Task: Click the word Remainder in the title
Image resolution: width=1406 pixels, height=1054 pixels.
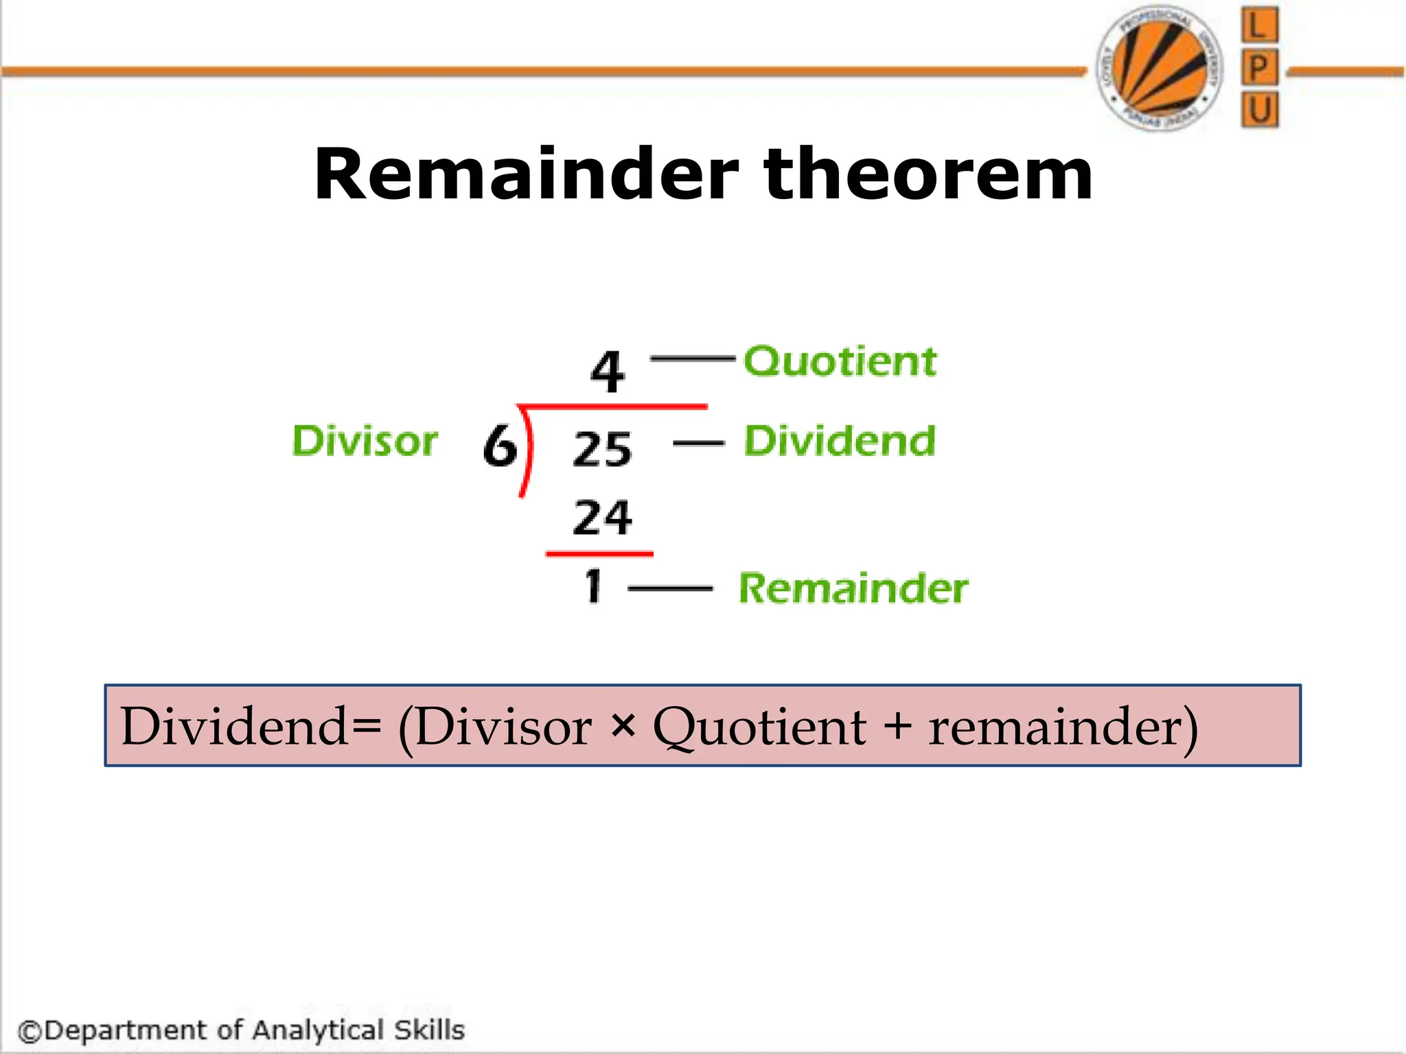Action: coord(526,175)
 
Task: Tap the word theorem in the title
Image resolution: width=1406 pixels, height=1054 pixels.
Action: coord(927,175)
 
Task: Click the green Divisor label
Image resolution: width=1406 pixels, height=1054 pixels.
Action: coord(365,441)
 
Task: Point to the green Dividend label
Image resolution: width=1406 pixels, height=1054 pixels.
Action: coord(840,441)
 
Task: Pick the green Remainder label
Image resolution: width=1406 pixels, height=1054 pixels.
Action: coord(853,589)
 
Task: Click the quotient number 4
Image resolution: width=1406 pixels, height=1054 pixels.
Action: coord(608,372)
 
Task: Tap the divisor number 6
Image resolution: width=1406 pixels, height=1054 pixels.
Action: coord(499,445)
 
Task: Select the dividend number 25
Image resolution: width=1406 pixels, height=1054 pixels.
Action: coord(602,449)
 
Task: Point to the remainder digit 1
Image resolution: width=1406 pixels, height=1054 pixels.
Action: coord(593,587)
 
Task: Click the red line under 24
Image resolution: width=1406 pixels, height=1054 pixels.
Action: coord(599,553)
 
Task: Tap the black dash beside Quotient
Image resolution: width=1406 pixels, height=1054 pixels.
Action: coord(692,358)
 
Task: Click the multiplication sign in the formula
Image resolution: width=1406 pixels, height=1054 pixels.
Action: coord(622,726)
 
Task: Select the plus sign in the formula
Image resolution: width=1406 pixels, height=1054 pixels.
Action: coord(897,726)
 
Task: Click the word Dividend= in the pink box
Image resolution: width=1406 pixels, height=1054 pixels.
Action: coord(251,726)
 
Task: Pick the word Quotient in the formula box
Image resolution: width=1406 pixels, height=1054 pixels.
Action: coord(759,727)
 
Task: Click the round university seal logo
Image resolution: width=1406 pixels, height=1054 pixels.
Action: coord(1160,68)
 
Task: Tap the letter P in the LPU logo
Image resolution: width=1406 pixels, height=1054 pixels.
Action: coord(1259,68)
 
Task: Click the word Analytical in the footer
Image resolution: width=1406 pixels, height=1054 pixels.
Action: coord(318,1030)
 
